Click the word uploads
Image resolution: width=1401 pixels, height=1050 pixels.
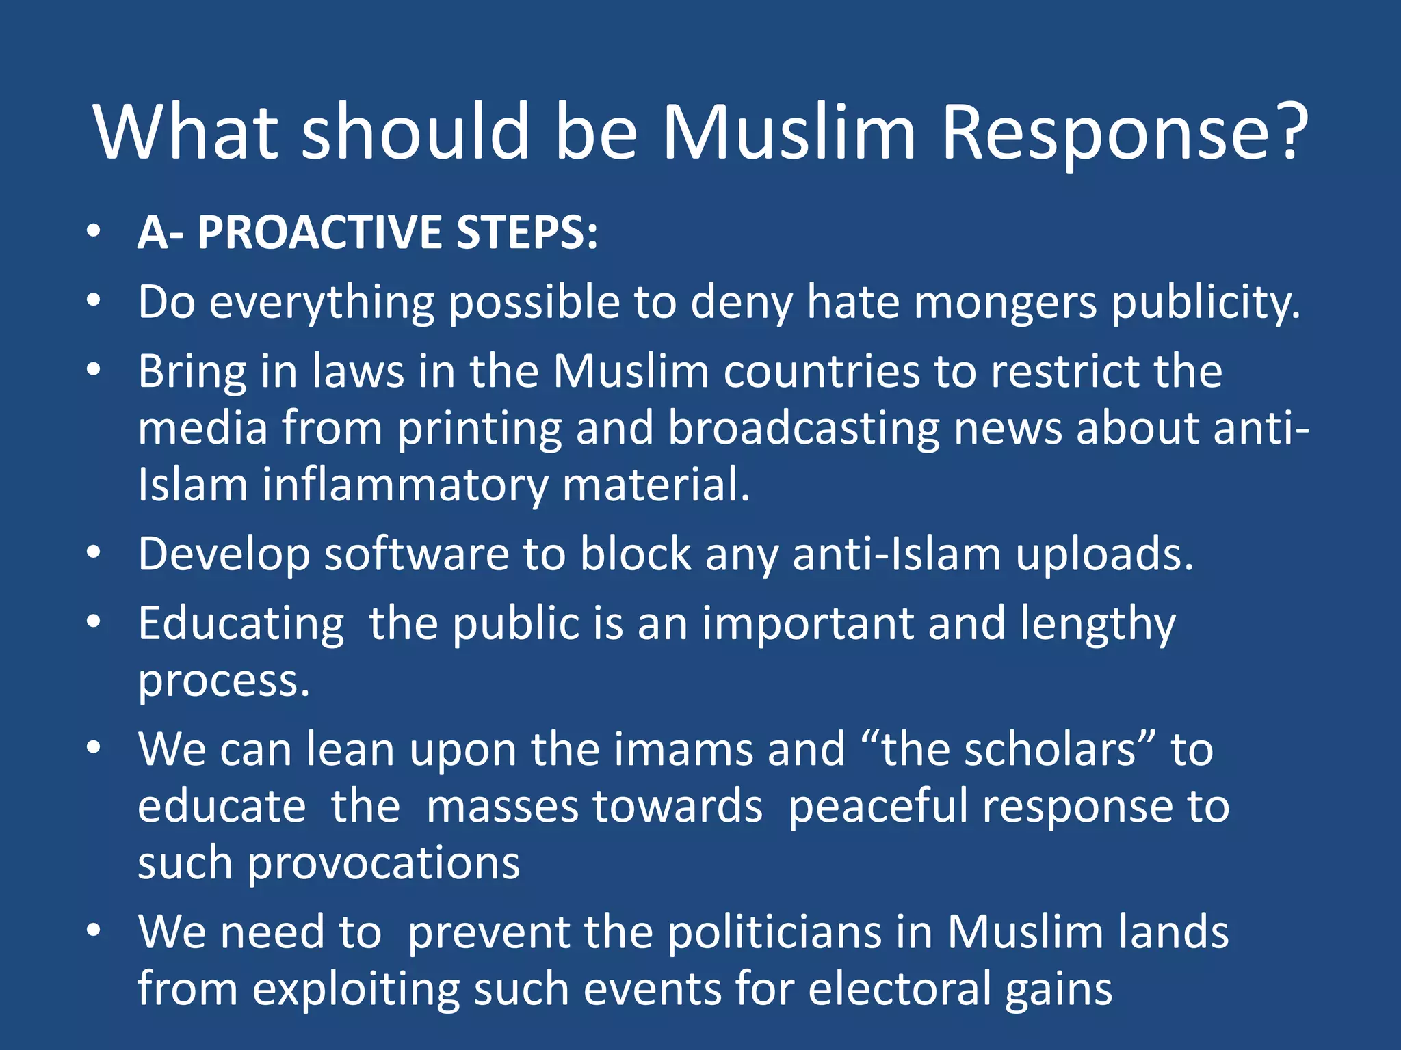pyautogui.click(x=1104, y=555)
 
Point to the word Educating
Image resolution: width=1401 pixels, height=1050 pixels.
pyautogui.click(x=241, y=624)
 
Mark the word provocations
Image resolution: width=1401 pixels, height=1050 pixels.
pyautogui.click(x=384, y=863)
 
